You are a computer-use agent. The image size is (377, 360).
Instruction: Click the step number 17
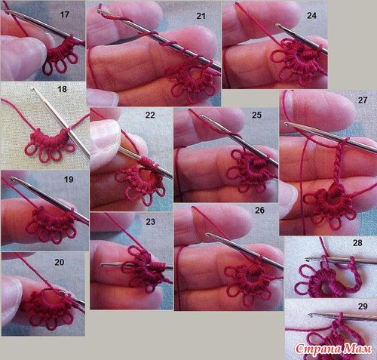tap(65, 14)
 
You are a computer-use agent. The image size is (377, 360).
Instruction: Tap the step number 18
tap(62, 89)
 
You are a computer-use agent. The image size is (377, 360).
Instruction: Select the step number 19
tap(69, 180)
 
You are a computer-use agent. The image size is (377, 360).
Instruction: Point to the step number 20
tap(60, 262)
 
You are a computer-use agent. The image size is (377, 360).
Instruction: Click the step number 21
tap(201, 16)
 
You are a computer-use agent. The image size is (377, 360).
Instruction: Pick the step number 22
tap(150, 115)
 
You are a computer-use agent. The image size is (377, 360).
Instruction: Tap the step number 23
tap(150, 222)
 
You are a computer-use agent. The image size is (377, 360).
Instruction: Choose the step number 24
tap(311, 16)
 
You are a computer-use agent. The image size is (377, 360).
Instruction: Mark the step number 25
tap(256, 115)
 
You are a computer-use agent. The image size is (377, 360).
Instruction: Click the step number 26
tap(259, 210)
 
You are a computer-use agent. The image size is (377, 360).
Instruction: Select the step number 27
tap(363, 100)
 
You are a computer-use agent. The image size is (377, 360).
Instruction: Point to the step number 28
tap(357, 243)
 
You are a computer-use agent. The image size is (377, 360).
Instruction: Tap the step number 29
tap(363, 306)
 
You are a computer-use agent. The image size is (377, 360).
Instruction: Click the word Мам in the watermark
tap(358, 349)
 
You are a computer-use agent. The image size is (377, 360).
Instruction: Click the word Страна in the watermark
tap(318, 349)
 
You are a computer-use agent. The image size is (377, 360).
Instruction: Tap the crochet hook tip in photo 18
tap(32, 88)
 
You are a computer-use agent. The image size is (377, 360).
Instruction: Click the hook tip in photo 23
tap(103, 265)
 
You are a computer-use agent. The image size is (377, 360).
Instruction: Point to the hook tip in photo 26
tap(207, 235)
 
